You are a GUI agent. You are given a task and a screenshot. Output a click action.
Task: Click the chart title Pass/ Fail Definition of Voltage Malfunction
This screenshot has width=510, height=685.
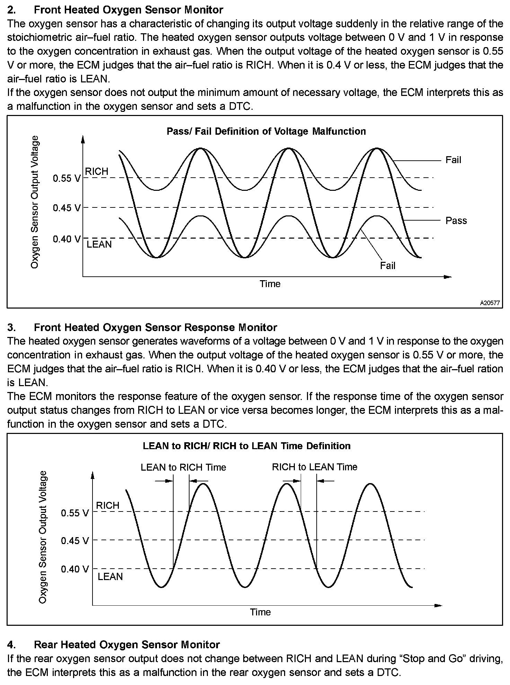tap(266, 131)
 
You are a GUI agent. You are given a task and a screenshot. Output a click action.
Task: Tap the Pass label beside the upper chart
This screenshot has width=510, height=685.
tap(456, 221)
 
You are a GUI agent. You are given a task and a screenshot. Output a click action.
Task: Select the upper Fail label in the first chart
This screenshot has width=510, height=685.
tap(453, 160)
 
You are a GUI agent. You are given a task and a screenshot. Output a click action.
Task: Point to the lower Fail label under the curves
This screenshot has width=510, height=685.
tap(387, 266)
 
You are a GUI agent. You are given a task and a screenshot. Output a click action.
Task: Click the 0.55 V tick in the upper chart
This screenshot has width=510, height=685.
tap(67, 178)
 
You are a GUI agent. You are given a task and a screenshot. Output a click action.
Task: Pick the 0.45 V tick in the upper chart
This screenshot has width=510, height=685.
tap(67, 208)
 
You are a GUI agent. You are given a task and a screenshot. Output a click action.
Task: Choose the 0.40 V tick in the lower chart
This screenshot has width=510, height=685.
tap(75, 569)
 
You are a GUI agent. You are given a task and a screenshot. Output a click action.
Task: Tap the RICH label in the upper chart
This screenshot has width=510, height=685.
tap(97, 171)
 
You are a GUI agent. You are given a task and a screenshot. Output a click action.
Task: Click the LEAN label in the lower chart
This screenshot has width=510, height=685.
tap(110, 577)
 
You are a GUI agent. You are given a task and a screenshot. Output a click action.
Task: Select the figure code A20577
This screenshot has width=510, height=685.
tap(490, 303)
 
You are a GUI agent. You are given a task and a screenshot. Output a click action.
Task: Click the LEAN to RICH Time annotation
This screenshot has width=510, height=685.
tap(183, 467)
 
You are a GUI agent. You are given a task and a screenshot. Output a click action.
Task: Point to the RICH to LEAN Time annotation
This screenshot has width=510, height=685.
tap(315, 467)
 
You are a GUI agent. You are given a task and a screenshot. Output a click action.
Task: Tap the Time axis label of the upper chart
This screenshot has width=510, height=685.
tap(270, 284)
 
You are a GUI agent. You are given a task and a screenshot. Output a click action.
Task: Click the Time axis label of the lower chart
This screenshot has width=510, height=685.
tap(260, 612)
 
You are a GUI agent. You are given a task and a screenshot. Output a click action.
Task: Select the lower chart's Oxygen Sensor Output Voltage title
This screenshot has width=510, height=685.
tap(43, 537)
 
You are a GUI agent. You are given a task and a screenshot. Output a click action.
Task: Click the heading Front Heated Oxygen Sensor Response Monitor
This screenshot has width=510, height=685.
tap(156, 327)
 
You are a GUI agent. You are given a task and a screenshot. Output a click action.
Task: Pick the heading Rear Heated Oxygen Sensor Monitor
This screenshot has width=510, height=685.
tap(127, 644)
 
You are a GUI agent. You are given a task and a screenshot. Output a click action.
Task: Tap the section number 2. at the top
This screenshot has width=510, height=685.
tap(11, 10)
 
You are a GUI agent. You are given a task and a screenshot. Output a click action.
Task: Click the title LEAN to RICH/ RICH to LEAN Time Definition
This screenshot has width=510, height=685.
tap(246, 446)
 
